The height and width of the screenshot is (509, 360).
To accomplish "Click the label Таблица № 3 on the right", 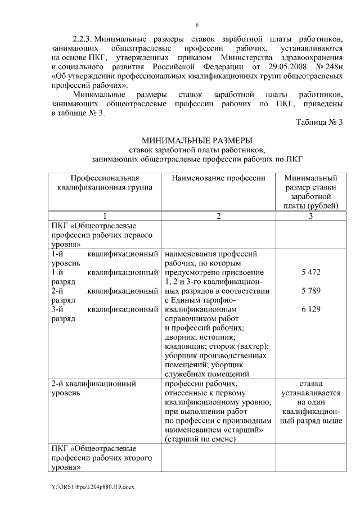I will [x=319, y=122].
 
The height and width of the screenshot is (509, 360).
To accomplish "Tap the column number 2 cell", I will [x=218, y=216].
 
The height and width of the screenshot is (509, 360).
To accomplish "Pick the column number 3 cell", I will [x=310, y=216].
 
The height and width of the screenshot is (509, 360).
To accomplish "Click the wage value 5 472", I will [x=310, y=273].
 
